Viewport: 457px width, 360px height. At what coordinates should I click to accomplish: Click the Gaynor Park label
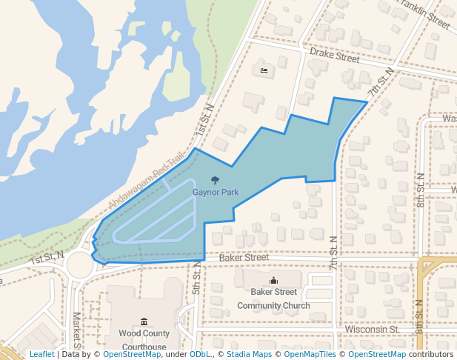(x=216, y=191)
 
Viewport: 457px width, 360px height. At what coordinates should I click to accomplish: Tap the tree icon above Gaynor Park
(x=215, y=179)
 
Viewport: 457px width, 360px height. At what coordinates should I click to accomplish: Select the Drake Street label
(x=334, y=55)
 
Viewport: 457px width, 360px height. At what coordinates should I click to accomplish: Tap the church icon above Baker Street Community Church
(x=274, y=280)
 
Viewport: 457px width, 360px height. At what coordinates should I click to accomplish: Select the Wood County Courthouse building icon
(x=144, y=321)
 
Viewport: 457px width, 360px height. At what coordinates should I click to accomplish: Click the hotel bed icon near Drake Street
(x=264, y=71)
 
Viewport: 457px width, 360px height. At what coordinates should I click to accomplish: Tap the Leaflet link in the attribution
(x=41, y=355)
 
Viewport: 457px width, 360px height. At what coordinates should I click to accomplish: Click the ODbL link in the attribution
(x=200, y=355)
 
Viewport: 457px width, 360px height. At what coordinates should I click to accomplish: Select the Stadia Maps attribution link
(x=249, y=355)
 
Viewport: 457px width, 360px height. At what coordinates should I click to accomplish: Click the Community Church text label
(x=273, y=305)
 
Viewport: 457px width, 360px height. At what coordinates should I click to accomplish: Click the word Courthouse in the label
(x=144, y=347)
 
